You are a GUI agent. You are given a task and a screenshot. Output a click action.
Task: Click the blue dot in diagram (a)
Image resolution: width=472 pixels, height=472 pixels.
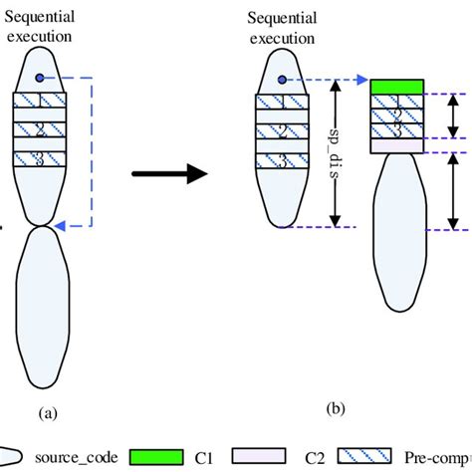[39, 78]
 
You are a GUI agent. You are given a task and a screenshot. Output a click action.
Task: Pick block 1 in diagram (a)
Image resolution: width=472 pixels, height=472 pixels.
[39, 101]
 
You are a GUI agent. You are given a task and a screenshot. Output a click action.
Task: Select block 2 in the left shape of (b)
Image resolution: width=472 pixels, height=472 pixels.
[282, 131]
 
